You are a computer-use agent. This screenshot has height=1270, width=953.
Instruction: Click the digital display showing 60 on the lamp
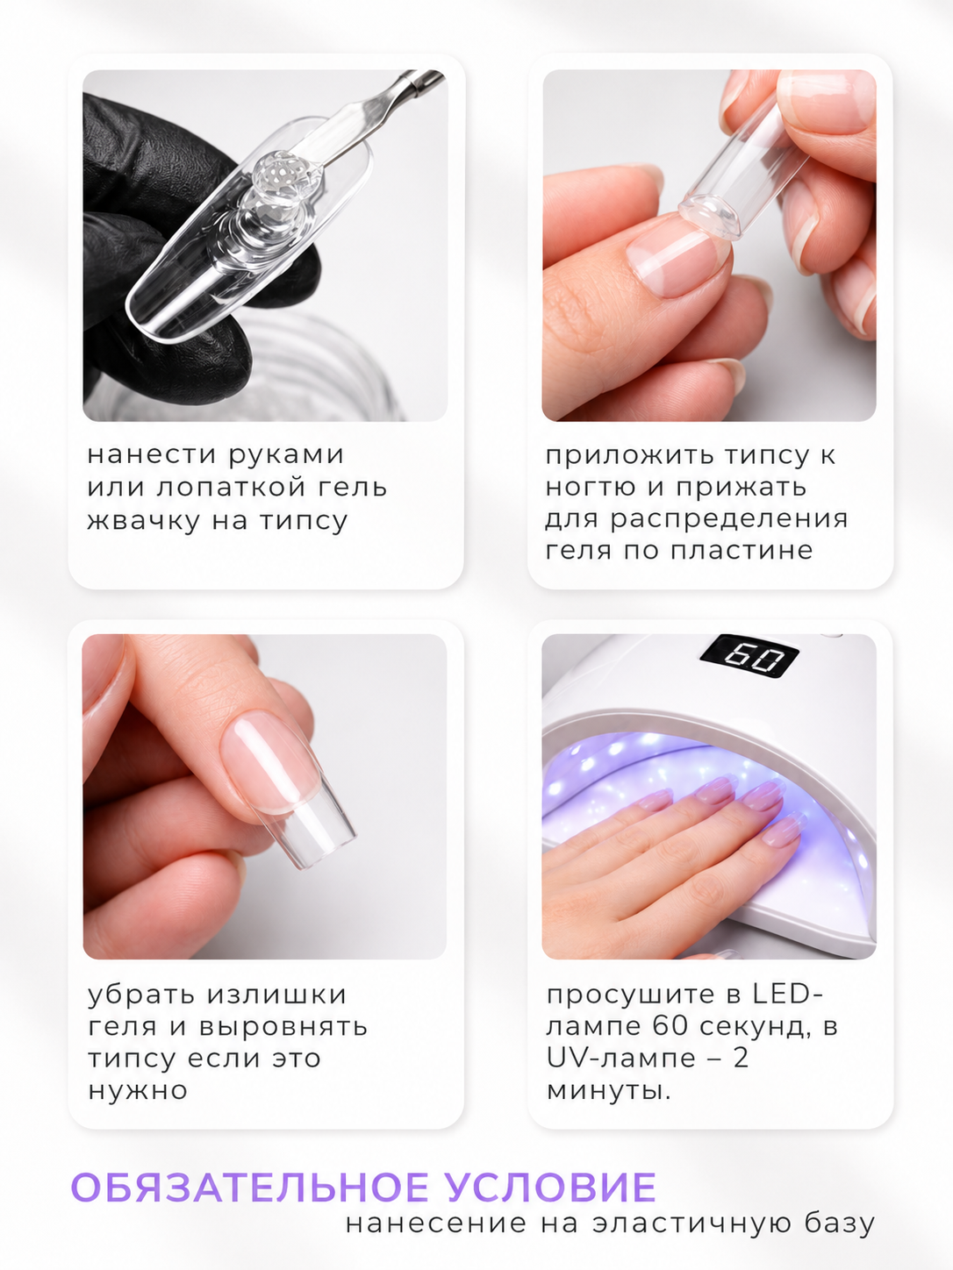(750, 657)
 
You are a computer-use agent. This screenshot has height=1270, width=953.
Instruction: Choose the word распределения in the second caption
(729, 520)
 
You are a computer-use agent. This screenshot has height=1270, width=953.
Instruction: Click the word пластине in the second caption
(742, 550)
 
